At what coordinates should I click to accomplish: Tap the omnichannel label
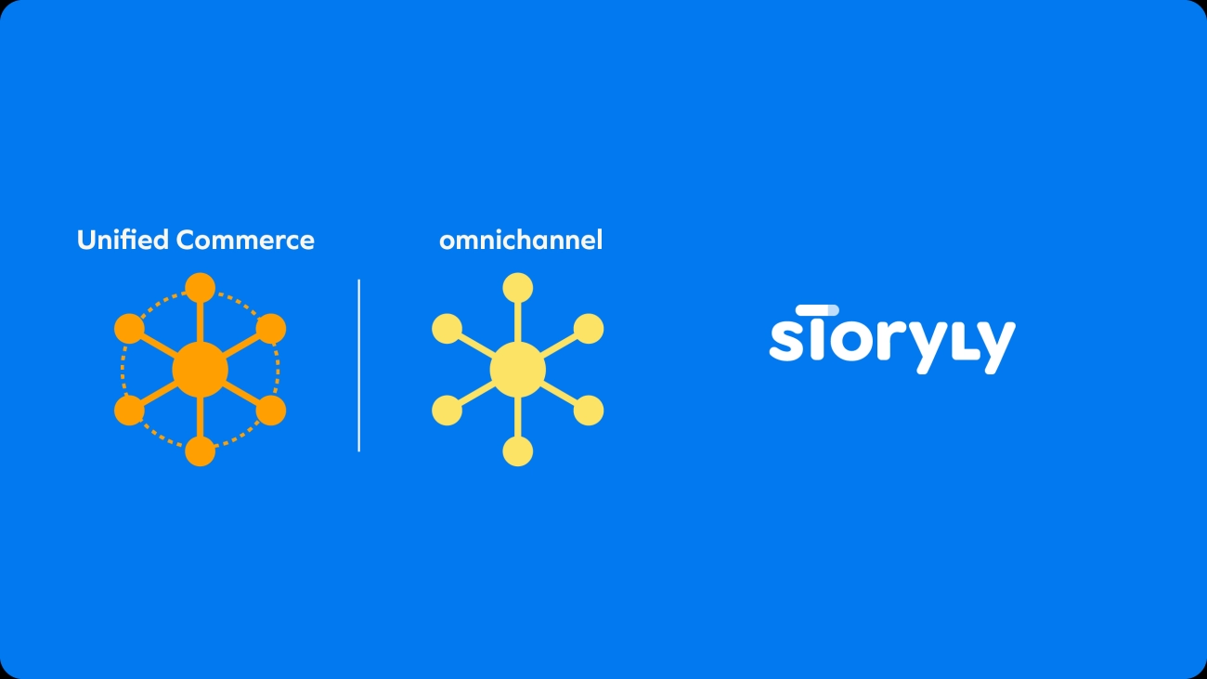pyautogui.click(x=521, y=241)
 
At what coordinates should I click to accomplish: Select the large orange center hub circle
pyautogui.click(x=200, y=370)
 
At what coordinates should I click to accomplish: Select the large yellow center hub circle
pyautogui.click(x=517, y=370)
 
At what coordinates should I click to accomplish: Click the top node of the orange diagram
pyautogui.click(x=200, y=288)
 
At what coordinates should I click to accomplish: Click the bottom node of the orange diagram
pyautogui.click(x=200, y=451)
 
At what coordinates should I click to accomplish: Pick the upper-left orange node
pyautogui.click(x=129, y=329)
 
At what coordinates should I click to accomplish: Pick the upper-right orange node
pyautogui.click(x=270, y=329)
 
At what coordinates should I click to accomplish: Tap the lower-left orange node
pyautogui.click(x=129, y=411)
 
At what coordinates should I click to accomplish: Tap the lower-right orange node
pyautogui.click(x=270, y=411)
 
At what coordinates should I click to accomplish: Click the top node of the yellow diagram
pyautogui.click(x=517, y=288)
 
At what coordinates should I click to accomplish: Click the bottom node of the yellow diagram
pyautogui.click(x=517, y=451)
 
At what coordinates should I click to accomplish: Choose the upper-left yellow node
pyautogui.click(x=447, y=329)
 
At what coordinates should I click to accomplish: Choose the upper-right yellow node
pyautogui.click(x=589, y=329)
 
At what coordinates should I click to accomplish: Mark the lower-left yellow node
pyautogui.click(x=447, y=411)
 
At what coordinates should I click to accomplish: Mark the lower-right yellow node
pyautogui.click(x=589, y=411)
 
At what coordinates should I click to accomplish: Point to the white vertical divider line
pyautogui.click(x=359, y=365)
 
